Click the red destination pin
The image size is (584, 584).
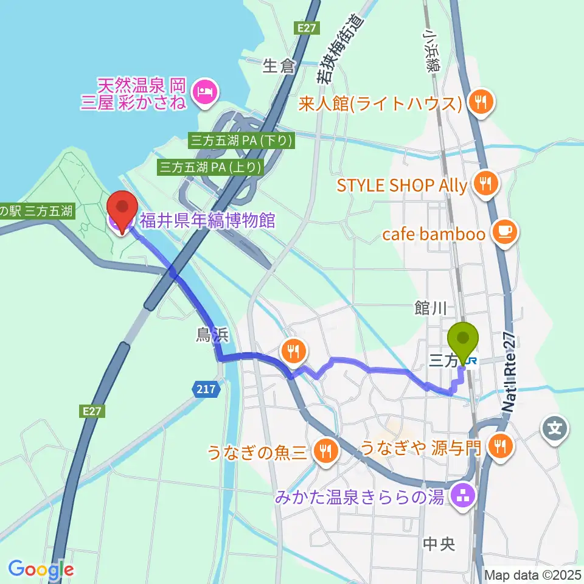(x=122, y=210)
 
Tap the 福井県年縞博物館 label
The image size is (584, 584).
(x=207, y=220)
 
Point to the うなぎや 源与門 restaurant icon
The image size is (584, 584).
(x=501, y=448)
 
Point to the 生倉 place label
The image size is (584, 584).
(x=279, y=66)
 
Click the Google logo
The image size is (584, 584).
(x=41, y=569)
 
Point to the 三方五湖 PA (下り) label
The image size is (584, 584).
(x=242, y=141)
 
